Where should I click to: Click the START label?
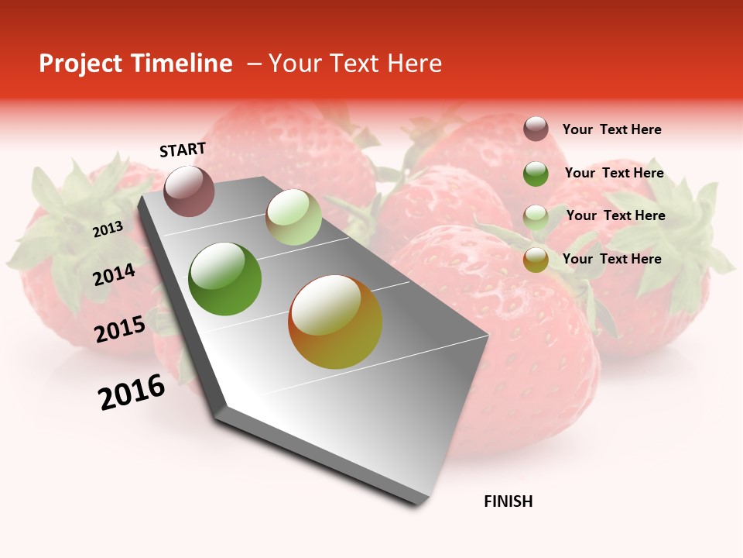pos(183,150)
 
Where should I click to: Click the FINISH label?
pos(508,501)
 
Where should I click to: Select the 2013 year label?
pos(108,229)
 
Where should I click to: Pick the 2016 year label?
pos(132,392)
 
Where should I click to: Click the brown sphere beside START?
pos(190,191)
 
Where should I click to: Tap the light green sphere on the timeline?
pos(293,217)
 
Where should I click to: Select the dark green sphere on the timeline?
pos(225,279)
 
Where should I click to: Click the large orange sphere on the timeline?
pos(335,322)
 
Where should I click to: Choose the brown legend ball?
pos(536,129)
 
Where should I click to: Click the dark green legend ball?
pos(536,173)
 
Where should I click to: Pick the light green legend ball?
pos(536,216)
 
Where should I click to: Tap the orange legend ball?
pos(536,259)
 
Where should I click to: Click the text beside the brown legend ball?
pos(612,129)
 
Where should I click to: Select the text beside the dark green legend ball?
pos(615,173)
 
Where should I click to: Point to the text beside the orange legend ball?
pos(612,259)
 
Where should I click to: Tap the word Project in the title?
pos(78,64)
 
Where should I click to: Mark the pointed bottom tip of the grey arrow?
pos(419,505)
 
